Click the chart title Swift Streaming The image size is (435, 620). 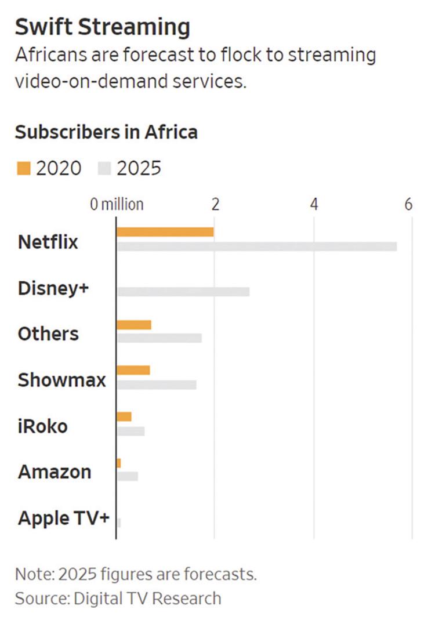102,27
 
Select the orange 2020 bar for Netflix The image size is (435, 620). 165,232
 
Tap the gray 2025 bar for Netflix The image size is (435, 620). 257,246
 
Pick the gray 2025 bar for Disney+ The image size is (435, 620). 183,292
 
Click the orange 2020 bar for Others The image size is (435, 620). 134,325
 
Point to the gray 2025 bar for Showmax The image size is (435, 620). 157,385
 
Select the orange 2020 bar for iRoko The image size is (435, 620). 124,416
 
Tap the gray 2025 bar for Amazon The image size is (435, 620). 128,476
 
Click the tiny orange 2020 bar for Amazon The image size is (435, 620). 119,463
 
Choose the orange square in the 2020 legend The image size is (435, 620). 23,168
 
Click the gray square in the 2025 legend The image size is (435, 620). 104,168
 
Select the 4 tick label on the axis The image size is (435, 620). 314,205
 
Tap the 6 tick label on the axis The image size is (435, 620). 408,205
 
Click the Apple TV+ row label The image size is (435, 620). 64,518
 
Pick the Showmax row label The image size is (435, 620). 62,380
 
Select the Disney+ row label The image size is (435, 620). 53,288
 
